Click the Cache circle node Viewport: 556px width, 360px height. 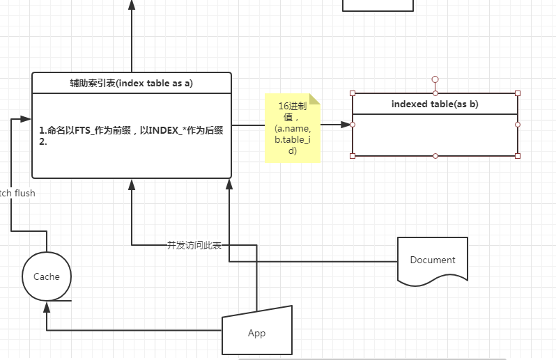pos(47,276)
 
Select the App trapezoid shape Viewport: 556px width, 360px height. pos(256,332)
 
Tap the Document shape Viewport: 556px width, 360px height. pos(432,260)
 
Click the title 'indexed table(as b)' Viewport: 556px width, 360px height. pos(435,104)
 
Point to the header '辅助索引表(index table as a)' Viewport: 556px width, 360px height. pos(131,83)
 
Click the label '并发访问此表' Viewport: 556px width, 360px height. pos(194,245)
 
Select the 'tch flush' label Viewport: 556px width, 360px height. pos(17,193)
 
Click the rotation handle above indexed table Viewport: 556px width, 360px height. pos(435,79)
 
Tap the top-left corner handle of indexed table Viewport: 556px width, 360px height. pos(353,93)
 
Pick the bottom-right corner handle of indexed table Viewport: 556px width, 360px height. pos(518,155)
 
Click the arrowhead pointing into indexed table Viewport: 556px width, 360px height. pos(346,125)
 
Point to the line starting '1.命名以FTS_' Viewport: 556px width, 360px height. pos(132,130)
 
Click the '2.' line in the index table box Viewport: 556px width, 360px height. pos(43,141)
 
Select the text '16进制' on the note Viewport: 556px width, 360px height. pos(292,106)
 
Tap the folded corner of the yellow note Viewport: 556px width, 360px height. pos(315,98)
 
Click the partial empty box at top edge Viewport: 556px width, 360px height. pos(378,5)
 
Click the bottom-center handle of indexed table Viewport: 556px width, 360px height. pos(435,155)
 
